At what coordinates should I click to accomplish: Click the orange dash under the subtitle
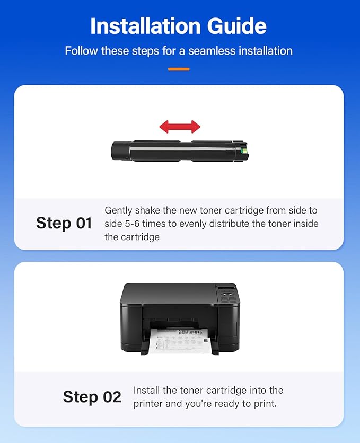coord(179,69)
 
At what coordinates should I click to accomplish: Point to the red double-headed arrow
coord(180,127)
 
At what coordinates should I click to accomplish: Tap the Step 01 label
coord(64,223)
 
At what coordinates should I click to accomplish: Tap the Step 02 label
coord(92,397)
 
